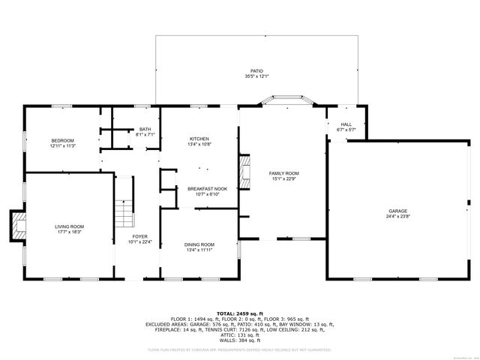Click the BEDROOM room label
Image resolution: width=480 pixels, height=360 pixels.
63,140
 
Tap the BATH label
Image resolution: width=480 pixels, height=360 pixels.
144,129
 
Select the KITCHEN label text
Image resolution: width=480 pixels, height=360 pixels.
199,139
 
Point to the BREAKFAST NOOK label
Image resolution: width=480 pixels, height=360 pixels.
207,189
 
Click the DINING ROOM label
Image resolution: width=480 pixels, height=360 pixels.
199,244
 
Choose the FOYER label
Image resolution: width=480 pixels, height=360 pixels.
140,236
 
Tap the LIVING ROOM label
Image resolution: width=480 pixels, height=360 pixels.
69,226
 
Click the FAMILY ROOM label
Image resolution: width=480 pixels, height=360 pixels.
284,173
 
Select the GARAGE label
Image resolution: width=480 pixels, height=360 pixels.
397,211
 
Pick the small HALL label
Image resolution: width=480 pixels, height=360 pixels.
346,124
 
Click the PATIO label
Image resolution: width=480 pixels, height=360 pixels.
256,71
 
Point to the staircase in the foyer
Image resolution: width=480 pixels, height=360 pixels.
124,214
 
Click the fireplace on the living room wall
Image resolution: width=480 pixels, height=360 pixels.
17,226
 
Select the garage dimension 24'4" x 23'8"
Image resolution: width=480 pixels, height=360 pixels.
397,217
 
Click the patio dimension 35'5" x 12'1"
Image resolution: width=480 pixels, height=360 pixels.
256,76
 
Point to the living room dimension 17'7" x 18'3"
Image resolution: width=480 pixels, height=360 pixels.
69,232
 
